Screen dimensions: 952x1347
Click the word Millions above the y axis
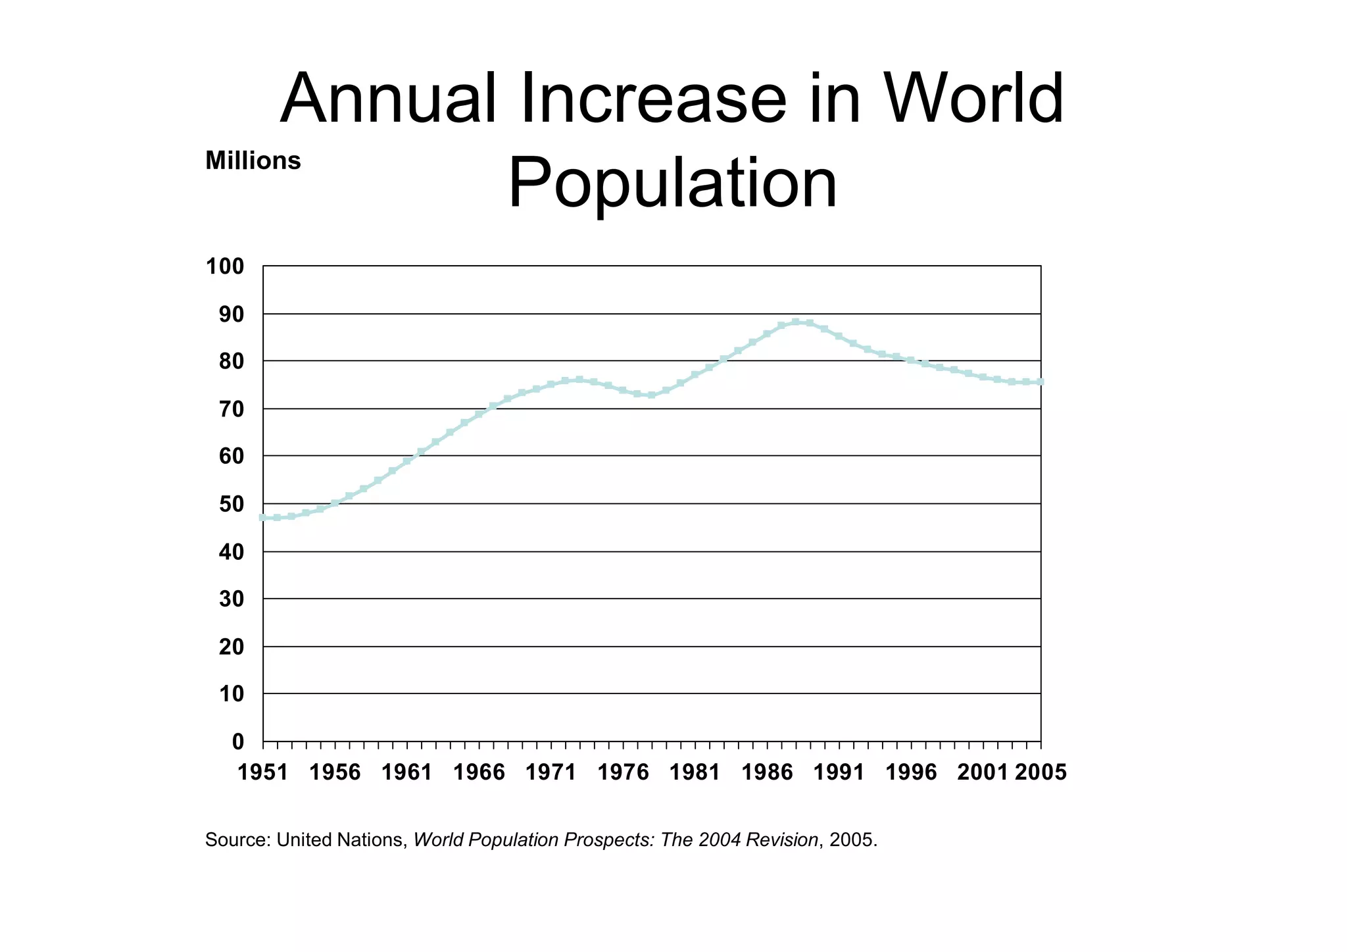tap(253, 161)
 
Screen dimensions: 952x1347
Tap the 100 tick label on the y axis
tap(225, 267)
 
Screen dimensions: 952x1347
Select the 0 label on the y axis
tap(237, 742)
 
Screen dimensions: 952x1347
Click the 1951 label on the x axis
tap(262, 772)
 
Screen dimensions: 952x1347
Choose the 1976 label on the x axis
tap(623, 772)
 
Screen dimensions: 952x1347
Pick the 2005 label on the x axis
tap(1041, 772)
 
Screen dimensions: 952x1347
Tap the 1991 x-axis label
tap(839, 772)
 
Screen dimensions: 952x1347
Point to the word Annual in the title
tap(389, 99)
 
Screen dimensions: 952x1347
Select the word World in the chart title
tap(973, 99)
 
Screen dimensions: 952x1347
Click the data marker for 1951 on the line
tap(263, 518)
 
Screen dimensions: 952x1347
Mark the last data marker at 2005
tap(1041, 382)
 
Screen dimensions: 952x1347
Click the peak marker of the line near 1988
tap(796, 322)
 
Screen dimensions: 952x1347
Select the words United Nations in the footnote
tap(339, 840)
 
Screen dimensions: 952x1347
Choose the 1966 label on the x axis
tap(479, 772)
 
